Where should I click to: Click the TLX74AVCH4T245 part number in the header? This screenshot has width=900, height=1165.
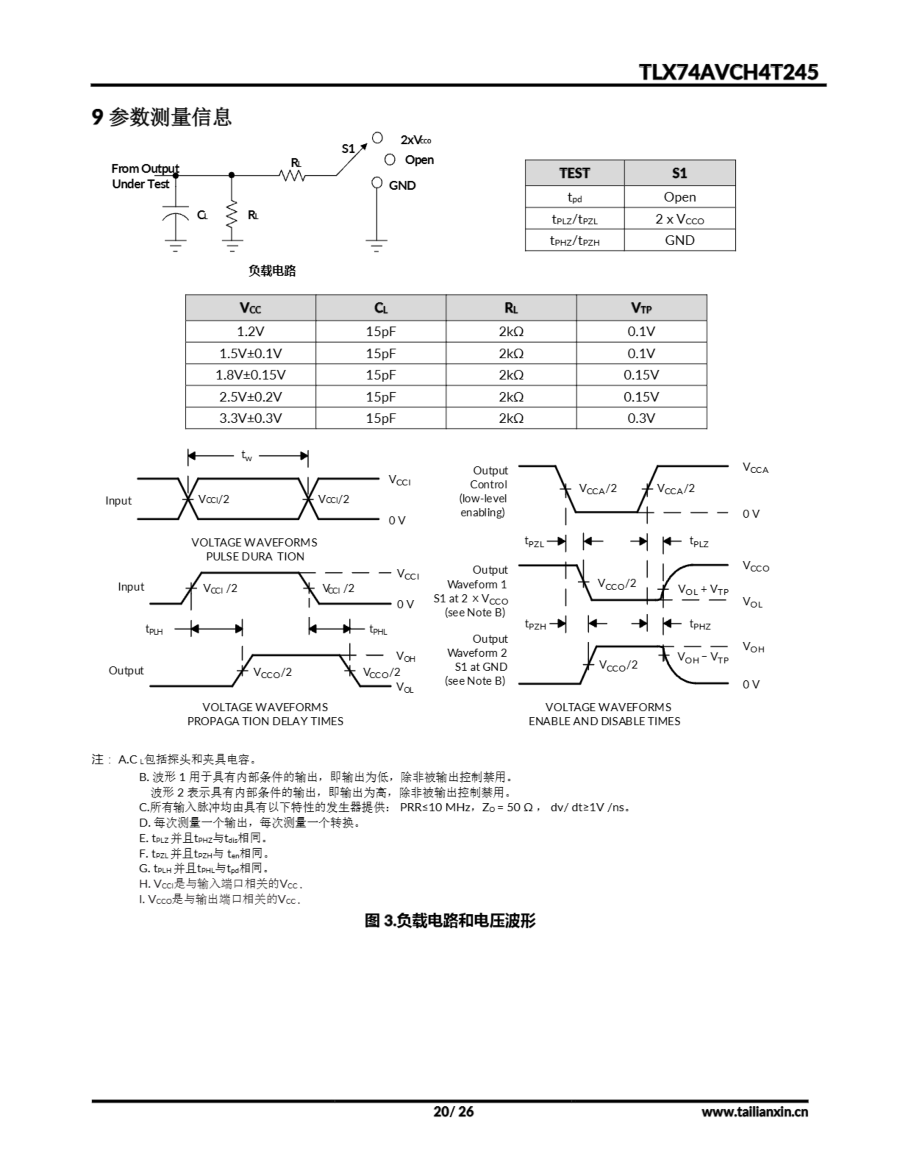(x=728, y=72)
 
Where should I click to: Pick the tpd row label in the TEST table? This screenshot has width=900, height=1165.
(x=574, y=198)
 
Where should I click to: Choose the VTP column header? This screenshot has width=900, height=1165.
(x=641, y=308)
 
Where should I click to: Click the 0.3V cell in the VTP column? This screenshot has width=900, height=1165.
(x=641, y=418)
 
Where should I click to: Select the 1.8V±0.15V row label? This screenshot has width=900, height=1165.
(x=250, y=375)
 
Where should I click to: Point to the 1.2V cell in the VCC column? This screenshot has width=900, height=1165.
(x=250, y=331)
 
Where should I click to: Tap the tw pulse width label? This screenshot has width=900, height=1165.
(x=247, y=456)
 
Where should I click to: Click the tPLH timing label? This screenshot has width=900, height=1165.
(x=154, y=629)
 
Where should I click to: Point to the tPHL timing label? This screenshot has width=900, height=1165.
(x=378, y=630)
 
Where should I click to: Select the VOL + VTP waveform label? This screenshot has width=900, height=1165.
(x=703, y=589)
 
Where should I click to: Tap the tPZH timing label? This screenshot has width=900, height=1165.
(x=535, y=624)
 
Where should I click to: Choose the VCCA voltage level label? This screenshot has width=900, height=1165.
(x=755, y=468)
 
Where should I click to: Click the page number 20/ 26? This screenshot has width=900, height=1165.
(x=453, y=1111)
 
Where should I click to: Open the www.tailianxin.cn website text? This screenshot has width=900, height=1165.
(x=754, y=1112)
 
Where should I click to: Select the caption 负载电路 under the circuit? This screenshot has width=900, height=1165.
(x=272, y=271)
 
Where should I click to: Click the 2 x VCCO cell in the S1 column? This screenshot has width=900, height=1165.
(x=679, y=219)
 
